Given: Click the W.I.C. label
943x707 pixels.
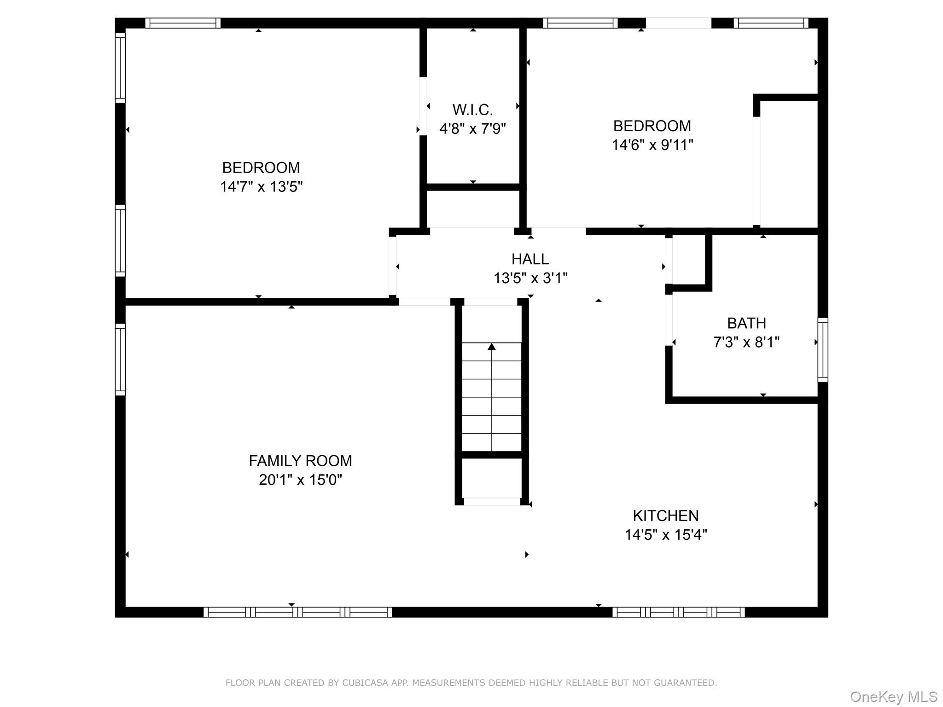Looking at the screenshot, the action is [x=472, y=110].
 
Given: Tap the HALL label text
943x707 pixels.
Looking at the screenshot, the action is [x=530, y=259].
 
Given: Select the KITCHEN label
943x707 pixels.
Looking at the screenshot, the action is [x=665, y=516].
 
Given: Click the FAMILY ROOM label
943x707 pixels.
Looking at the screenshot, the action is [x=300, y=461].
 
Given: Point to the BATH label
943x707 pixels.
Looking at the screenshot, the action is [x=746, y=323].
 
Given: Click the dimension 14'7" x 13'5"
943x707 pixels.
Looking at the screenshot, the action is [x=261, y=187].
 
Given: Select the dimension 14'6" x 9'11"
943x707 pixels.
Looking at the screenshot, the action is [x=652, y=145].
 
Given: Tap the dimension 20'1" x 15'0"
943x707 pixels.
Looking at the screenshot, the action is [x=300, y=480].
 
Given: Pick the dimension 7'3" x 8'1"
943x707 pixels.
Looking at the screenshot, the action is [x=746, y=342].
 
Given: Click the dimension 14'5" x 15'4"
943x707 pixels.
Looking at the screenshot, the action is [x=665, y=535].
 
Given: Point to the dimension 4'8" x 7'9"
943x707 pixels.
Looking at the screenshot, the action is [x=472, y=129].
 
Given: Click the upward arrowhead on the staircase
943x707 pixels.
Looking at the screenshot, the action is [x=492, y=347].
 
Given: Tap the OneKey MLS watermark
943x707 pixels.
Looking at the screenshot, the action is [x=894, y=697].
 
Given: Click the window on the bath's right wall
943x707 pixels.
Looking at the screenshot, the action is [x=822, y=350].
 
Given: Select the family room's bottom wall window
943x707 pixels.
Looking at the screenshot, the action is [x=297, y=612].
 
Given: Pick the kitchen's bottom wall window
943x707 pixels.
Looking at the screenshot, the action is [x=678, y=612].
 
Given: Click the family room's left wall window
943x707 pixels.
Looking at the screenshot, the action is [x=120, y=359].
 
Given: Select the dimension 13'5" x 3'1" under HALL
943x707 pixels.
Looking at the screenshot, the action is [x=530, y=278].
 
